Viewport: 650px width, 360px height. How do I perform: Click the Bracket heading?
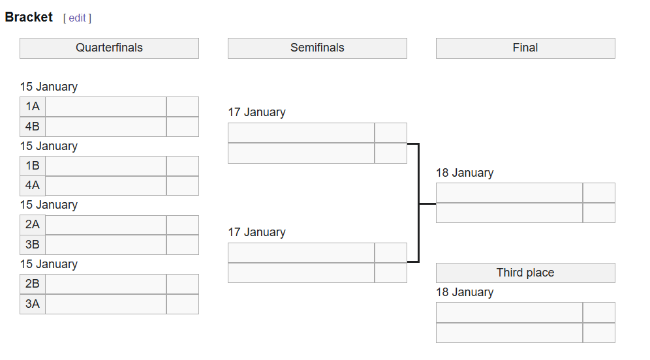pos(29,18)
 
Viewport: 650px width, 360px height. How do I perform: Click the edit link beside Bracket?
pos(77,18)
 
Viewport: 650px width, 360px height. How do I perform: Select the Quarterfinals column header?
pos(109,48)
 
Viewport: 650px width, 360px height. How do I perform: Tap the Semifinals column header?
pos(317,48)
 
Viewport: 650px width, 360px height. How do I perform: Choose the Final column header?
pos(525,48)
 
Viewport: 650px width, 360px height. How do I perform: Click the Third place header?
pos(525,273)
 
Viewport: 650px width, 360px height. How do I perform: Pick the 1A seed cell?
pos(33,107)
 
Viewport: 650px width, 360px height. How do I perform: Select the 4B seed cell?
pos(33,127)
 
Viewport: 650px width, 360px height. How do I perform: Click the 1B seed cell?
pos(33,166)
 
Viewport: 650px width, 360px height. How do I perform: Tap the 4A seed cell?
pos(33,185)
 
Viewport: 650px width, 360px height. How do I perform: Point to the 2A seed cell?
pos(33,225)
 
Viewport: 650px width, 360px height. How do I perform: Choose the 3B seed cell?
pos(33,245)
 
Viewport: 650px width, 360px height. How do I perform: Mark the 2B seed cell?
pos(33,284)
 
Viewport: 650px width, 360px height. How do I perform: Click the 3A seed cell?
pos(33,304)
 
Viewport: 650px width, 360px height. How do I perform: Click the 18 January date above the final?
pos(465,173)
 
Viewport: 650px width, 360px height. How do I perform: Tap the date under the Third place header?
pos(465,292)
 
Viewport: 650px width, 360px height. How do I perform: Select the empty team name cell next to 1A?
pos(106,107)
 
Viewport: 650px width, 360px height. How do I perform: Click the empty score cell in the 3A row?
pos(183,304)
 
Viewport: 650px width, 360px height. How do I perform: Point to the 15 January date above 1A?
pos(49,87)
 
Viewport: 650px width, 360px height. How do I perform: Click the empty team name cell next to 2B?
pos(106,284)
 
